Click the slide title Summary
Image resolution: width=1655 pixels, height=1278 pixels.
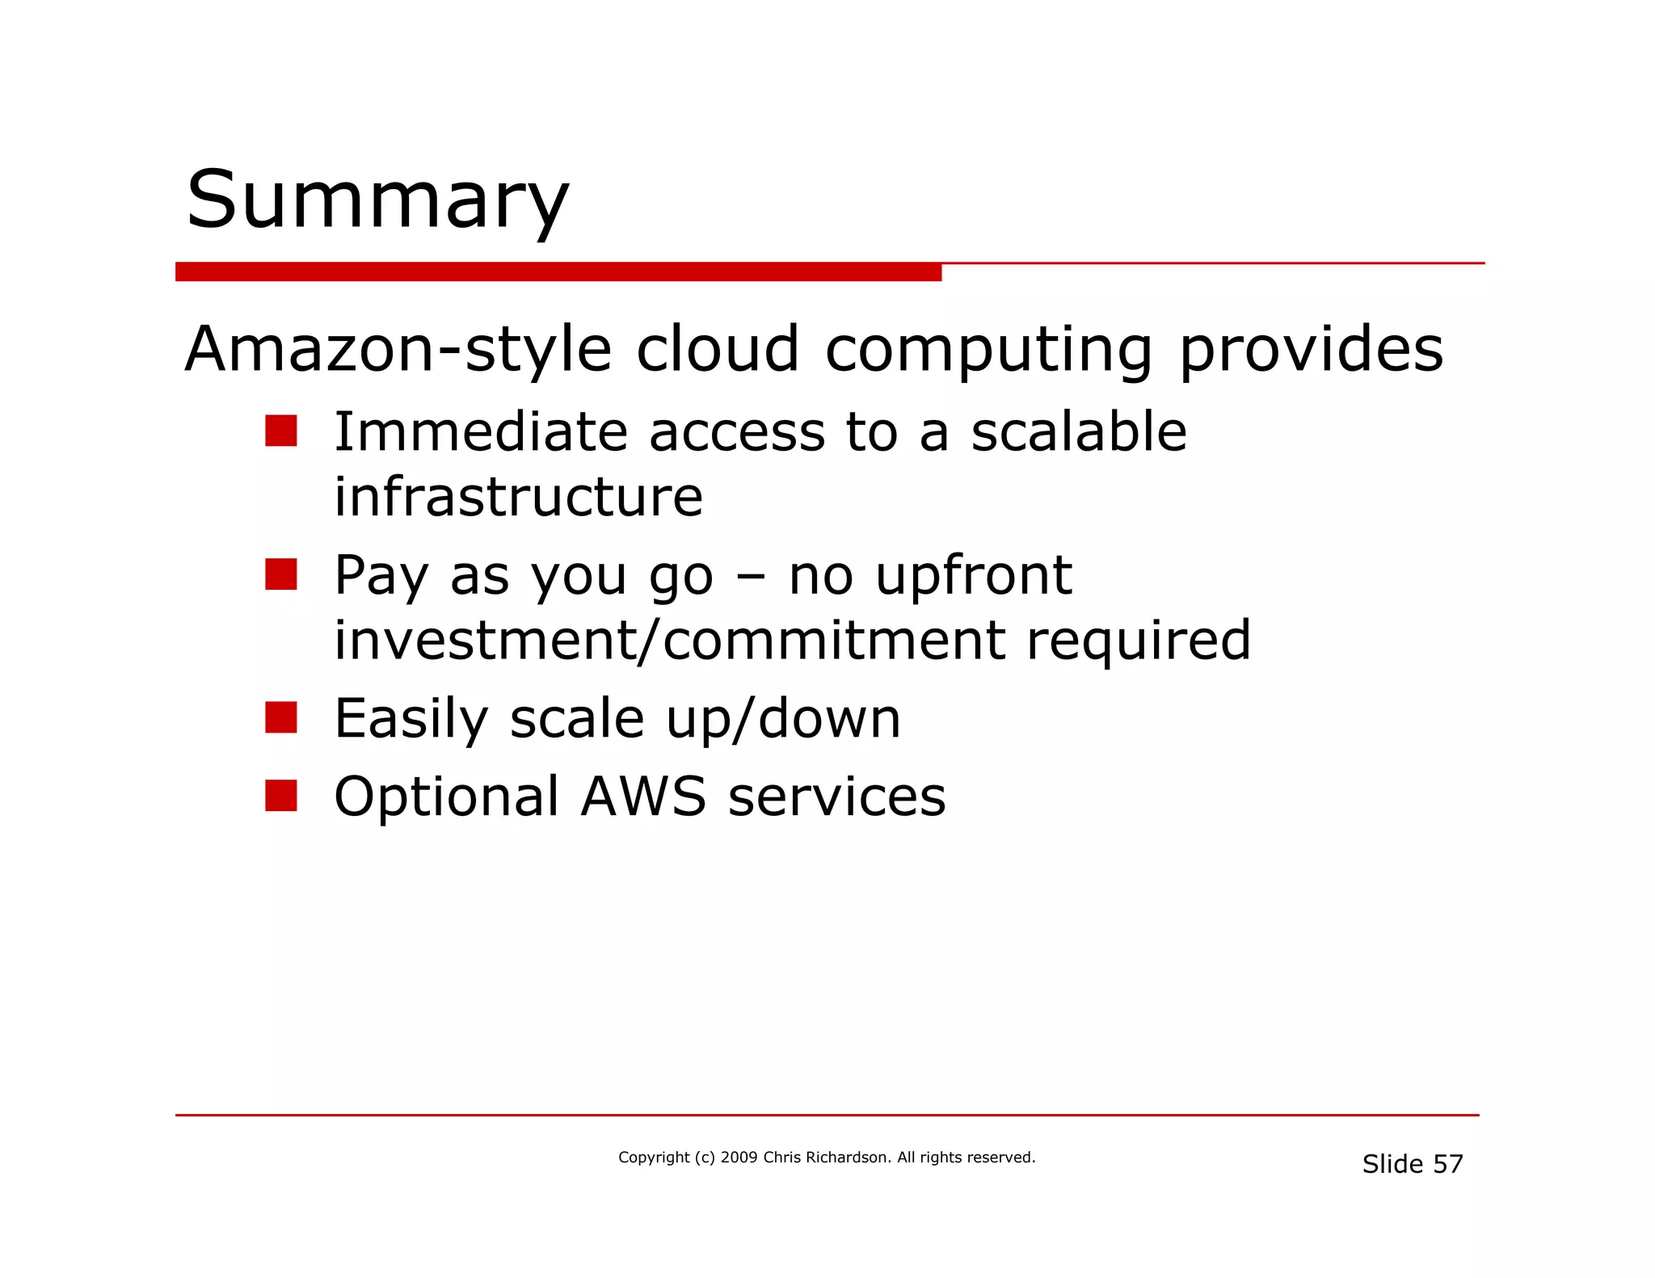pyautogui.click(x=377, y=200)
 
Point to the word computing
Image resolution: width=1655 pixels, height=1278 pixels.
pyautogui.click(x=988, y=350)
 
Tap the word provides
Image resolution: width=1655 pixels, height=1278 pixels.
pyautogui.click(x=1311, y=350)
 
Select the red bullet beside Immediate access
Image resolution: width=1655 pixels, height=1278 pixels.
pyautogui.click(x=280, y=431)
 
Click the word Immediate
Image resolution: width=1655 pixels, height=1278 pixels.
pyautogui.click(x=481, y=431)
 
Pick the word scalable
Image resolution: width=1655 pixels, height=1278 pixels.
pyautogui.click(x=1078, y=431)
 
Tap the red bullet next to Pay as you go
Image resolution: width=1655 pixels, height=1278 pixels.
pyautogui.click(x=280, y=574)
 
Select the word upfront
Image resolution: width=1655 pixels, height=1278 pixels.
pyautogui.click(x=973, y=576)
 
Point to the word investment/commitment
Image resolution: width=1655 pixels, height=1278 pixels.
pyautogui.click(x=670, y=640)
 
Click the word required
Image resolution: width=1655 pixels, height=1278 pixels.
pyautogui.click(x=1139, y=640)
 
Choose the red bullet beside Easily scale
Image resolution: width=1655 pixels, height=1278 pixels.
pyautogui.click(x=280, y=717)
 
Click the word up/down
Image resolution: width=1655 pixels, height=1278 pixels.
pyautogui.click(x=783, y=718)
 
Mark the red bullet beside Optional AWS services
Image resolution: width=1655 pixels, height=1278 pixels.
pyautogui.click(x=280, y=795)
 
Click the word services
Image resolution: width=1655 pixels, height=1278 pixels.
pyautogui.click(x=836, y=797)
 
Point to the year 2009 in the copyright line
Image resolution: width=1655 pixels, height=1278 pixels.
pyautogui.click(x=739, y=1158)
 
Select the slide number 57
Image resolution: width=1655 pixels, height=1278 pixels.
pyautogui.click(x=1447, y=1164)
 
